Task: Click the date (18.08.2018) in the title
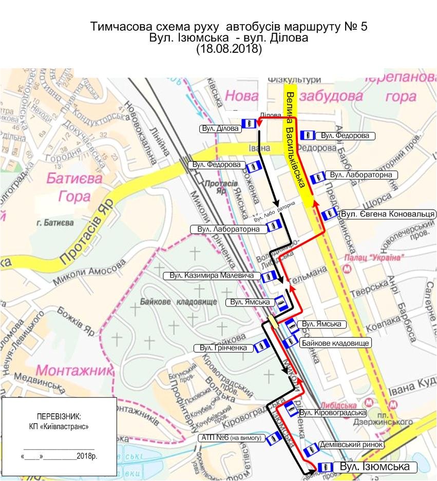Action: click(229, 50)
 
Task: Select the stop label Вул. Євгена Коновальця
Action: click(388, 214)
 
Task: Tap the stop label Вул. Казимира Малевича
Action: click(212, 276)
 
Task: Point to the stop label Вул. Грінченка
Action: click(224, 349)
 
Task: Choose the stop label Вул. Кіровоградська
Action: click(332, 413)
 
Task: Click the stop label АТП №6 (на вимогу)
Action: click(232, 438)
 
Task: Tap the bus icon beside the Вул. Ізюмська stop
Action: click(323, 467)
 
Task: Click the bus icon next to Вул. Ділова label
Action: click(248, 123)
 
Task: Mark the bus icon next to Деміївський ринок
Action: click(310, 451)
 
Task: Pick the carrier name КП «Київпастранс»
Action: click(59, 427)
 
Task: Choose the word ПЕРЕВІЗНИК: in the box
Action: click(59, 416)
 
